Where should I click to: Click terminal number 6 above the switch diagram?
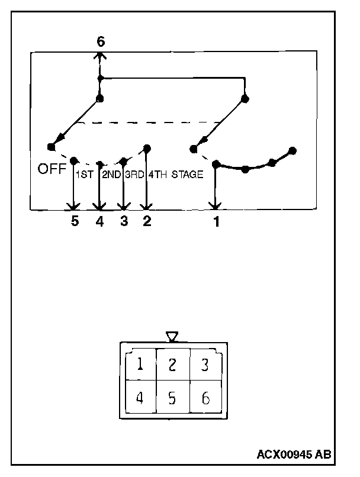click(x=100, y=41)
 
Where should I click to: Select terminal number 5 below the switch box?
click(x=75, y=222)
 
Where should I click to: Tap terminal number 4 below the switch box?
click(x=99, y=222)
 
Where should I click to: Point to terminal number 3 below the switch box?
click(x=123, y=222)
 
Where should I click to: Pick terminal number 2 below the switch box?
click(x=147, y=222)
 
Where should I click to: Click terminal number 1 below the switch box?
click(x=216, y=223)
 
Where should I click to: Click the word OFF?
click(x=52, y=169)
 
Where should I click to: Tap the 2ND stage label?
click(x=111, y=175)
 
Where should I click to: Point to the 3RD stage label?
click(x=134, y=175)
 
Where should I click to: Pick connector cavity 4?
click(x=140, y=398)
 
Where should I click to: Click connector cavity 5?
click(x=172, y=398)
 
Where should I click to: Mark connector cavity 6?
click(x=205, y=398)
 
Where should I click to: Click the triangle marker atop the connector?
click(x=172, y=337)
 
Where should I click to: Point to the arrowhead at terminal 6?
click(x=100, y=55)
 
